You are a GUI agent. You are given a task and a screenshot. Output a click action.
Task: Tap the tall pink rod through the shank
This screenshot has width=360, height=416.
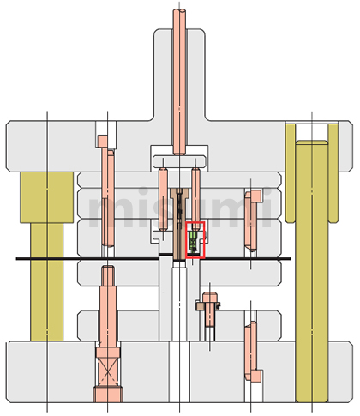179,82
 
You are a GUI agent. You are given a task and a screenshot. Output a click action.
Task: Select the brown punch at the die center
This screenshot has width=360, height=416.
179,224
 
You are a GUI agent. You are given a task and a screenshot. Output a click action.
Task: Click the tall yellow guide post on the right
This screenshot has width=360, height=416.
312,271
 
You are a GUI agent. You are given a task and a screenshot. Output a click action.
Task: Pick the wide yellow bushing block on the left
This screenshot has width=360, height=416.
47,197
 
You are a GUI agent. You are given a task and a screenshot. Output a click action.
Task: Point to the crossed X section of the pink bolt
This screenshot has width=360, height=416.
108,372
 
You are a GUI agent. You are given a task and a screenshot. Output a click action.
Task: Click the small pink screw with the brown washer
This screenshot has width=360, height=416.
209,310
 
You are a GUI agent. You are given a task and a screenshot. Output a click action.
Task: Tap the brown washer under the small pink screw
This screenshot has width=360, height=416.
207,306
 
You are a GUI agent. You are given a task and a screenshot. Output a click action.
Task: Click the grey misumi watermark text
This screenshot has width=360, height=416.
180,208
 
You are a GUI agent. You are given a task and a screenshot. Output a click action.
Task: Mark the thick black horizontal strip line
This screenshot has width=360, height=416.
153,259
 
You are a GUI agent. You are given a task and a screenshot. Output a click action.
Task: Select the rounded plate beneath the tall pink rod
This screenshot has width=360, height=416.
179,161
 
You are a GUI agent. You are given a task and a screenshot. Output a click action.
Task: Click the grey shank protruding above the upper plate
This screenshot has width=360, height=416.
179,75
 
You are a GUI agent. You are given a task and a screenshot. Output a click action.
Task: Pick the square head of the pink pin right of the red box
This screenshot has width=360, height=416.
256,196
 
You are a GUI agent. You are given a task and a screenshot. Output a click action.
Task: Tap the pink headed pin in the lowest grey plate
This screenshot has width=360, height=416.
252,353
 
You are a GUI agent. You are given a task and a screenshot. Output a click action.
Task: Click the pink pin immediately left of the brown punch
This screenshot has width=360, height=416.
163,199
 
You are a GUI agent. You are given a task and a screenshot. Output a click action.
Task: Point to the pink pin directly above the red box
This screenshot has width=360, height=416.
195,199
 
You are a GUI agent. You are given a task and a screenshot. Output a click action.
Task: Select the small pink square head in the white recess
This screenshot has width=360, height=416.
102,142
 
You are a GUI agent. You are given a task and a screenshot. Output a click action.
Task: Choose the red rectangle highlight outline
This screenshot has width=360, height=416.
195,240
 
